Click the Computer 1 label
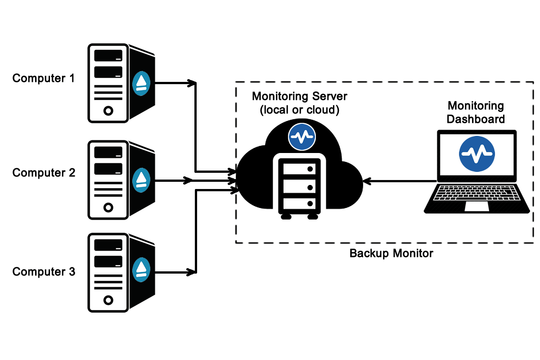point(44,78)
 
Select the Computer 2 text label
point(44,173)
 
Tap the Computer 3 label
point(44,272)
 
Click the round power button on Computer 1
point(108,110)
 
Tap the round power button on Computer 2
point(108,207)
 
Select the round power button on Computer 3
point(108,300)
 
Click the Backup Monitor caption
point(391,253)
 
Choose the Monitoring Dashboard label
point(475,112)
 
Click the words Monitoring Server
point(300,96)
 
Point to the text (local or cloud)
point(300,110)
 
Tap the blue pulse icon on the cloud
point(301,135)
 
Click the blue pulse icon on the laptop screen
point(477,153)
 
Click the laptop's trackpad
point(477,206)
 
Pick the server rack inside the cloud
point(297,187)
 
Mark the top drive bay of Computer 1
point(108,55)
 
